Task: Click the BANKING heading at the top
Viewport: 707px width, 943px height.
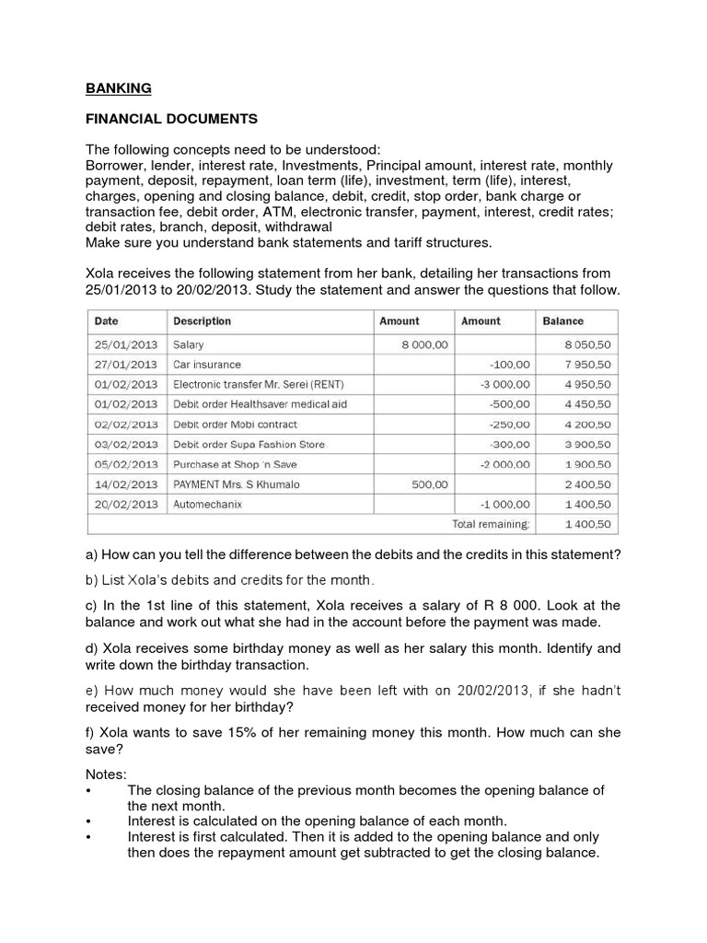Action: tap(119, 89)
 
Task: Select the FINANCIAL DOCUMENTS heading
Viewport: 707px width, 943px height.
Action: tap(172, 120)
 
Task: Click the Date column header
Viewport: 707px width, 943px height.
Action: tap(107, 321)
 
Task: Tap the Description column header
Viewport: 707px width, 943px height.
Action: tap(202, 321)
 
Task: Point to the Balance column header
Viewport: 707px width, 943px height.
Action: tap(562, 321)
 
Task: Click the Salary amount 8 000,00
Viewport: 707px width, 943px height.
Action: tap(424, 344)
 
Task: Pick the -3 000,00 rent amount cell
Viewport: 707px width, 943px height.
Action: tap(505, 384)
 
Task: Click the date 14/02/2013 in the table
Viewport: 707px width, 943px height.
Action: tap(125, 484)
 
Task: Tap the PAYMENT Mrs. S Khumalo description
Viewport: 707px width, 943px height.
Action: tap(236, 484)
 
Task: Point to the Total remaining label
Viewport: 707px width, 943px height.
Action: tap(491, 524)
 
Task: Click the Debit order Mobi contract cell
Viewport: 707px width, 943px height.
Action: tap(235, 425)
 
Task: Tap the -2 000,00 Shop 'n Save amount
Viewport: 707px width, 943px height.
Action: tap(505, 464)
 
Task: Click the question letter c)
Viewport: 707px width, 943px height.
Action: tap(92, 605)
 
